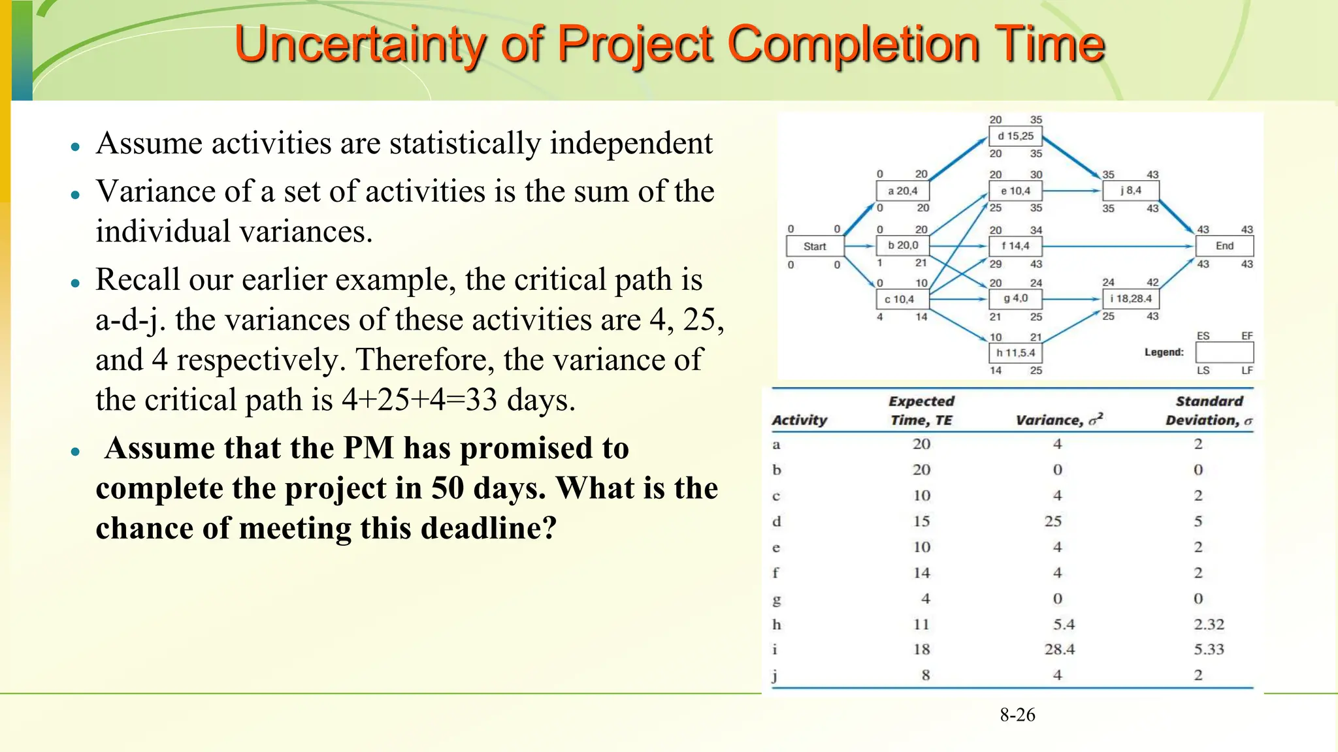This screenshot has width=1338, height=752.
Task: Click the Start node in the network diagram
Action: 814,246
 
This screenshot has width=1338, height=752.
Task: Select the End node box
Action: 1224,246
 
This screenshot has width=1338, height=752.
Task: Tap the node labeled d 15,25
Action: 1015,136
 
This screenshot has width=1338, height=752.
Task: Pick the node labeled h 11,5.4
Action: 1015,353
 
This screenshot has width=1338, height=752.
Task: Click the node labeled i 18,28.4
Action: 1131,299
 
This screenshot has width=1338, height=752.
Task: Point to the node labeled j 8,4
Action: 1131,191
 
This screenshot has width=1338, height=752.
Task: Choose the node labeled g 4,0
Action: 1015,299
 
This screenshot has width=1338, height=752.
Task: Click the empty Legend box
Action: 1224,352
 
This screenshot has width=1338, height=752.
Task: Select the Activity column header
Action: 799,420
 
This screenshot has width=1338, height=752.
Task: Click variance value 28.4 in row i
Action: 1059,650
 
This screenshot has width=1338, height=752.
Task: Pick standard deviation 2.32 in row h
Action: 1209,624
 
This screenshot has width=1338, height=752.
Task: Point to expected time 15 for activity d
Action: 921,522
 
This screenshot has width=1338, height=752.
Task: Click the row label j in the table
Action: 775,676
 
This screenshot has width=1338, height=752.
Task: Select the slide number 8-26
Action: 1017,715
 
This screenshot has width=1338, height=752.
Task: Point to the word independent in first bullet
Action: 631,144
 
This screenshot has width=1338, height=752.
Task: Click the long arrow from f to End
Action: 1117,246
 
